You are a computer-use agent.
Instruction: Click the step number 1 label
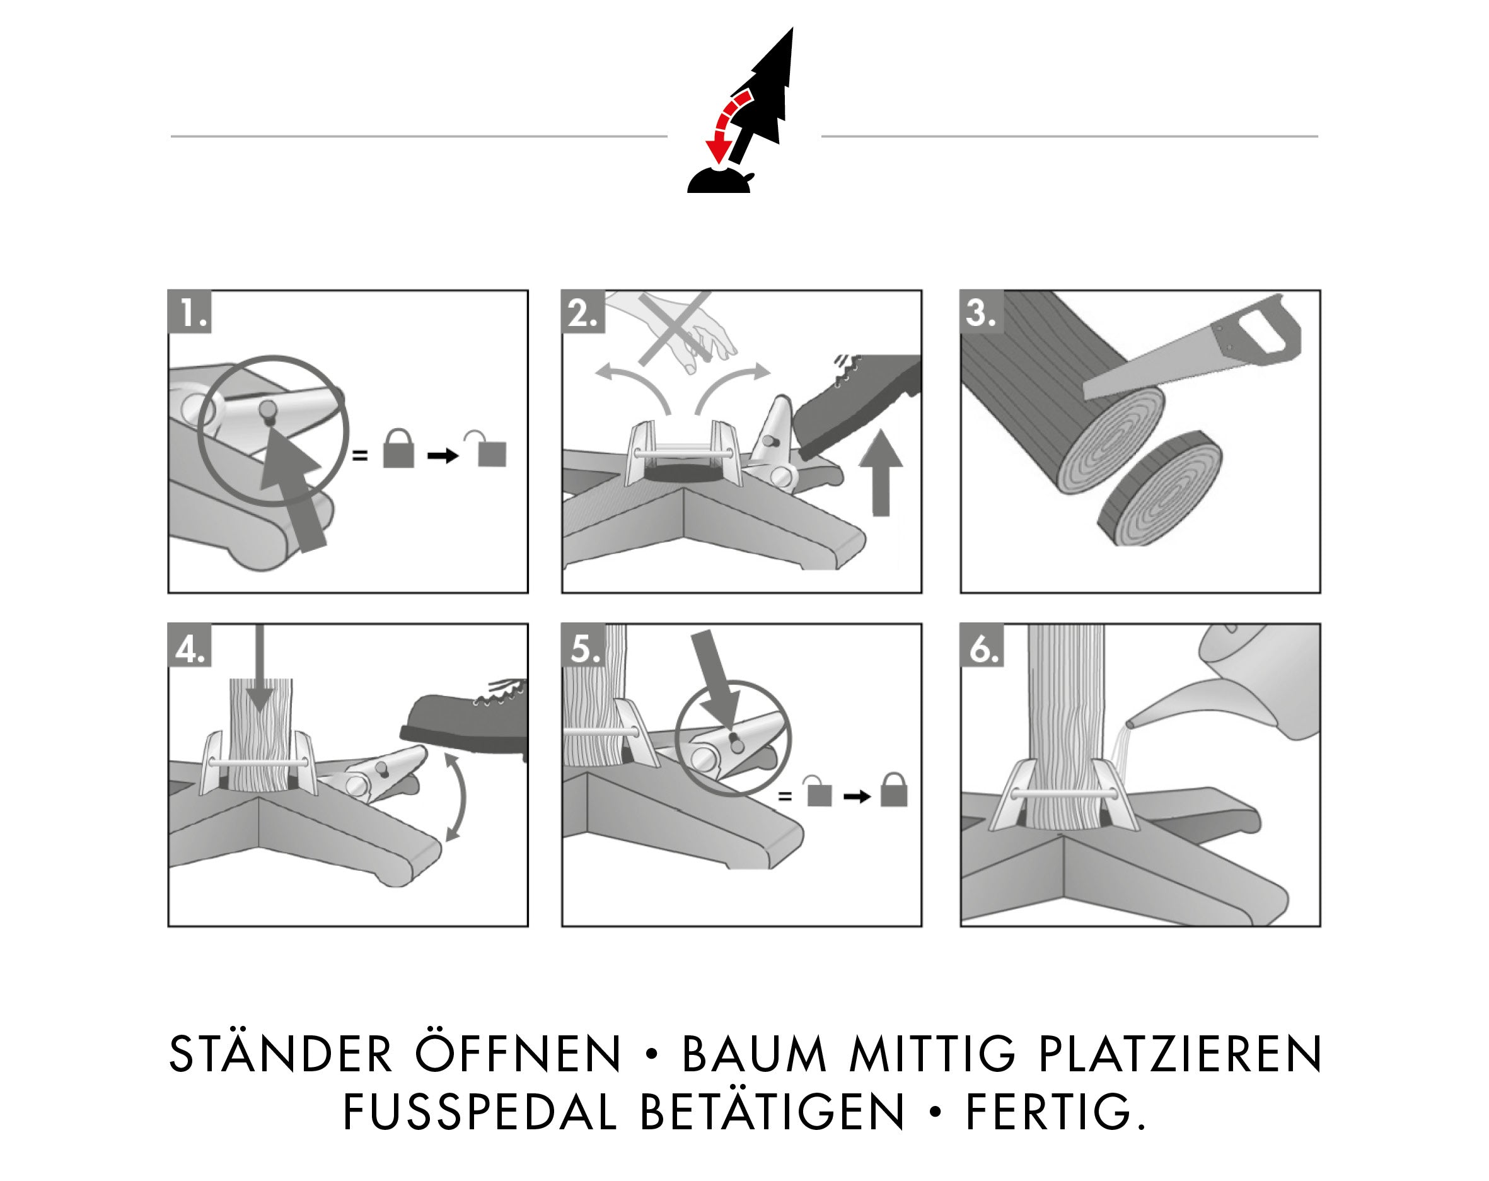[190, 312]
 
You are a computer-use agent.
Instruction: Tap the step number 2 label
[584, 312]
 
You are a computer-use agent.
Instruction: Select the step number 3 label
[982, 312]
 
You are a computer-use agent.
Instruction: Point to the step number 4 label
[190, 646]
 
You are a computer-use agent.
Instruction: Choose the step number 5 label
[584, 646]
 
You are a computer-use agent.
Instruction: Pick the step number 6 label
[982, 646]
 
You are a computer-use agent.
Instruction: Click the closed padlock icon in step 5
[894, 789]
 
